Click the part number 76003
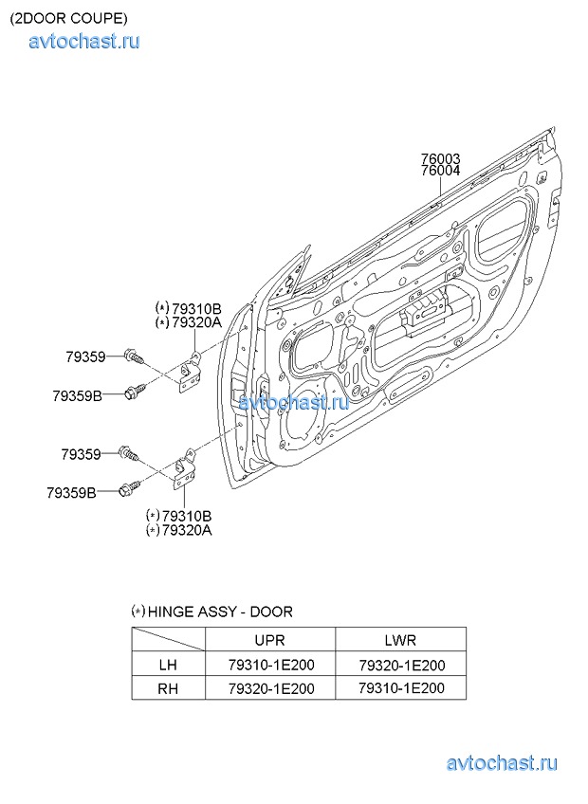440,158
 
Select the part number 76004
440,171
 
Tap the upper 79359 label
85,356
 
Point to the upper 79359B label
77,396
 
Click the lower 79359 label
81,454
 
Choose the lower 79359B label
71,493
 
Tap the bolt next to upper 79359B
135,391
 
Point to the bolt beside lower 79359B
129,487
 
